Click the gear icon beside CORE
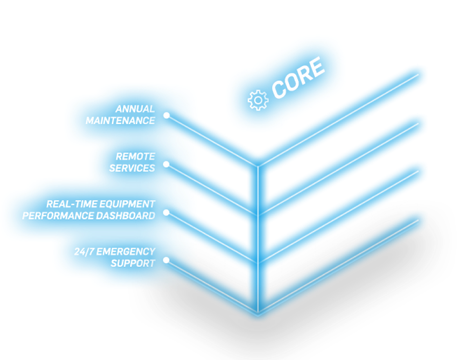(257, 100)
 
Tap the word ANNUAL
(135, 109)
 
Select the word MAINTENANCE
(120, 121)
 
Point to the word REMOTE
(135, 157)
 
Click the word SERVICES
(132, 168)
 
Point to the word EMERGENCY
(126, 251)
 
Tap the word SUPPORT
(133, 263)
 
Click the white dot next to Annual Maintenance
(166, 115)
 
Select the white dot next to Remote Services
(166, 164)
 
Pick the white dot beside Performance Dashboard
(166, 212)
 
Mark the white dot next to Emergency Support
(166, 261)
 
